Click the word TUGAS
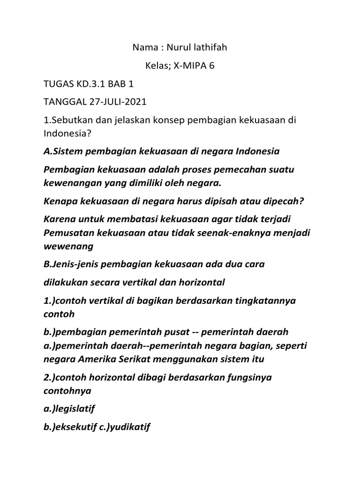pyautogui.click(x=59, y=84)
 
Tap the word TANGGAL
pyautogui.click(x=62, y=102)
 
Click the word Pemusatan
pyautogui.click(x=66, y=233)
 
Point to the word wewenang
pyautogui.click(x=68, y=246)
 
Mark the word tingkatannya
pyautogui.click(x=264, y=300)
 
